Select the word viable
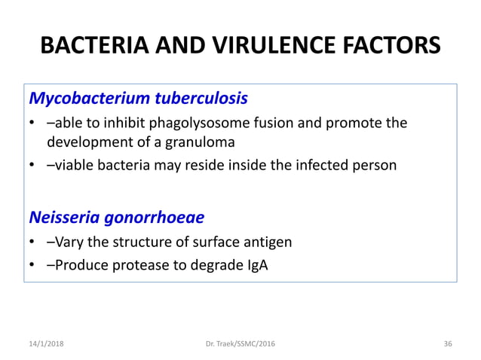[75, 166]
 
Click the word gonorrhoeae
[155, 218]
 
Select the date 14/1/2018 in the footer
[47, 343]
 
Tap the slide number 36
[448, 343]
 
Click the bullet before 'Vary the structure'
[33, 243]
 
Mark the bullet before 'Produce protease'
[33, 266]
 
